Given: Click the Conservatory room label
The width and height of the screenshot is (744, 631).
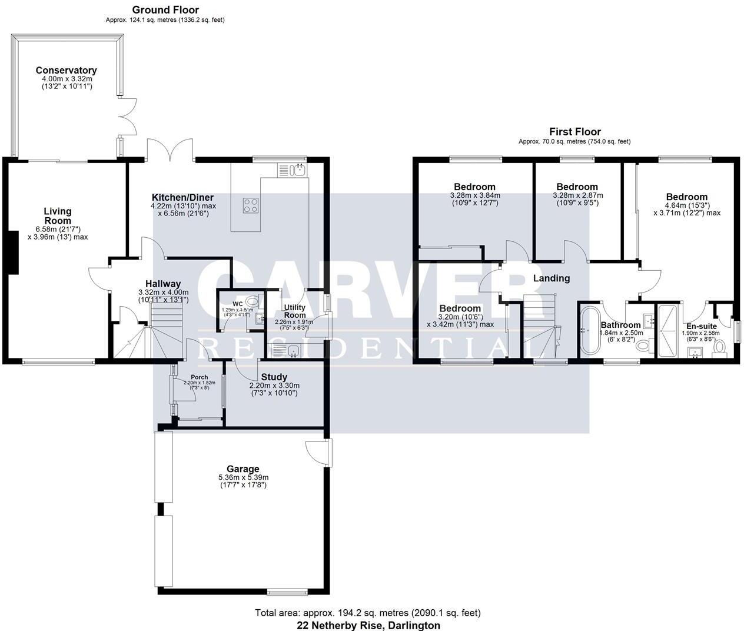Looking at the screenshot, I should [x=65, y=70].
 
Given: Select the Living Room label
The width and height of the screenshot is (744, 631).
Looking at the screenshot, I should [x=58, y=216].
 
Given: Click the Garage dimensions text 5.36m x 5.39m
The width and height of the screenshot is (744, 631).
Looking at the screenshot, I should [x=243, y=477].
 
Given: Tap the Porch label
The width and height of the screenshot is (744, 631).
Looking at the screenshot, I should [x=200, y=377].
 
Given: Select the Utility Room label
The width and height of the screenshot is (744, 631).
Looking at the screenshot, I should [x=294, y=311].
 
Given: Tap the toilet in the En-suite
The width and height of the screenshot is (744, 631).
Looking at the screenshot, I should [x=719, y=348].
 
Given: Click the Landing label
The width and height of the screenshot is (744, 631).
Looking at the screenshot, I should [x=552, y=278].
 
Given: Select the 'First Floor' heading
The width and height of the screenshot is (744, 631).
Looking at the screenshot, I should [x=574, y=132].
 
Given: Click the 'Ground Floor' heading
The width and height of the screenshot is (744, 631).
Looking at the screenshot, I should [x=165, y=10].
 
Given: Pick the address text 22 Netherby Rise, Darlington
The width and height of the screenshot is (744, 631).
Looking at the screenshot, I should [x=368, y=625].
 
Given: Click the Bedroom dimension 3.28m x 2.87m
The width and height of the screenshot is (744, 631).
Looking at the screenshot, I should [x=577, y=195].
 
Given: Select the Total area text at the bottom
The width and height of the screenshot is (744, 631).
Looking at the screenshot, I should [x=368, y=613].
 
